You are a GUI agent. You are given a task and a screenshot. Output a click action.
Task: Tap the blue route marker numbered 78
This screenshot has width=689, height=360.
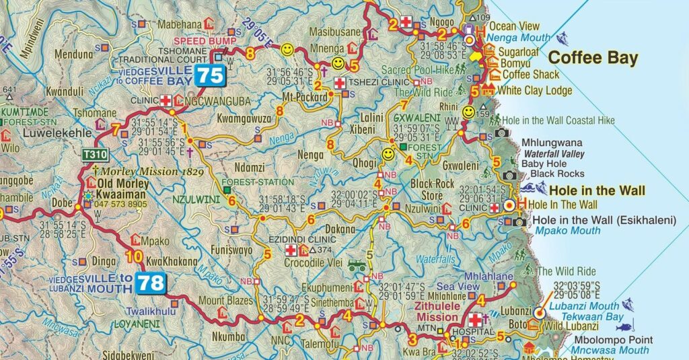pyautogui.click(x=151, y=283)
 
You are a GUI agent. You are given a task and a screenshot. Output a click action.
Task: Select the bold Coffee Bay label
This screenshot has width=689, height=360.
pyautogui.click(x=593, y=58)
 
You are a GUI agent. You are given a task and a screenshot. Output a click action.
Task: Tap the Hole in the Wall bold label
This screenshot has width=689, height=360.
pyautogui.click(x=597, y=190)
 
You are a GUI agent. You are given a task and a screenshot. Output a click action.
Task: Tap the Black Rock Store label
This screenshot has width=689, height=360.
pyautogui.click(x=433, y=189)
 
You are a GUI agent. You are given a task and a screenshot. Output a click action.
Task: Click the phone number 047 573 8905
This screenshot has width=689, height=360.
pyautogui.click(x=122, y=203)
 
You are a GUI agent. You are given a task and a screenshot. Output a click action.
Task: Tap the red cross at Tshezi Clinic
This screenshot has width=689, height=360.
pyautogui.click(x=340, y=83)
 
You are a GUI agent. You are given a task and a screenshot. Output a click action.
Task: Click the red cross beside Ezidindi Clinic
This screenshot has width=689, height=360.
pyautogui.click(x=291, y=250)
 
